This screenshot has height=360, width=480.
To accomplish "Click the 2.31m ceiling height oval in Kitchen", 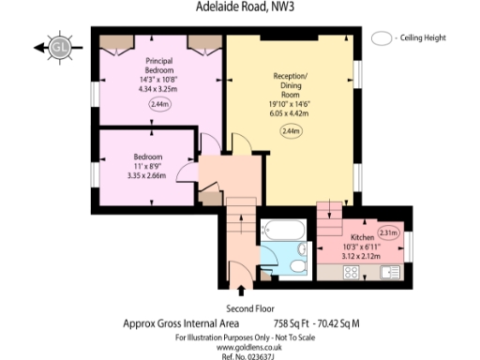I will (x=388, y=232).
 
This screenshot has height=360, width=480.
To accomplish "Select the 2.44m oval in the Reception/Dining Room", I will (x=291, y=131).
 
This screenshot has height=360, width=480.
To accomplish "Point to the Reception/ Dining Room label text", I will (x=291, y=82).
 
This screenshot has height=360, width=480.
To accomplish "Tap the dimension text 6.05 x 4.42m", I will (x=291, y=113).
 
